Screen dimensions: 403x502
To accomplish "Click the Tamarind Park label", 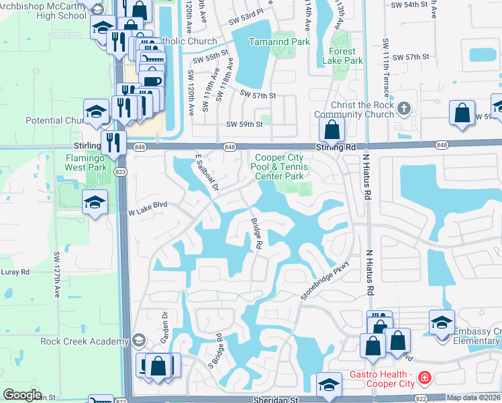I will point(279,42).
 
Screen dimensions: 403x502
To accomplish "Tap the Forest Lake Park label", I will point(346,56).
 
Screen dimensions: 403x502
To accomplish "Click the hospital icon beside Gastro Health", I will point(423,379).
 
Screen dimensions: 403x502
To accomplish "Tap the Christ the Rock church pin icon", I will point(403,108).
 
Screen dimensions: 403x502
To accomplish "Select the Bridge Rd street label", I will point(256,233).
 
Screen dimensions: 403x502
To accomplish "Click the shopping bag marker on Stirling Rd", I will point(331,130).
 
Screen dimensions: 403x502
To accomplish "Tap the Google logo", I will point(22,396).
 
